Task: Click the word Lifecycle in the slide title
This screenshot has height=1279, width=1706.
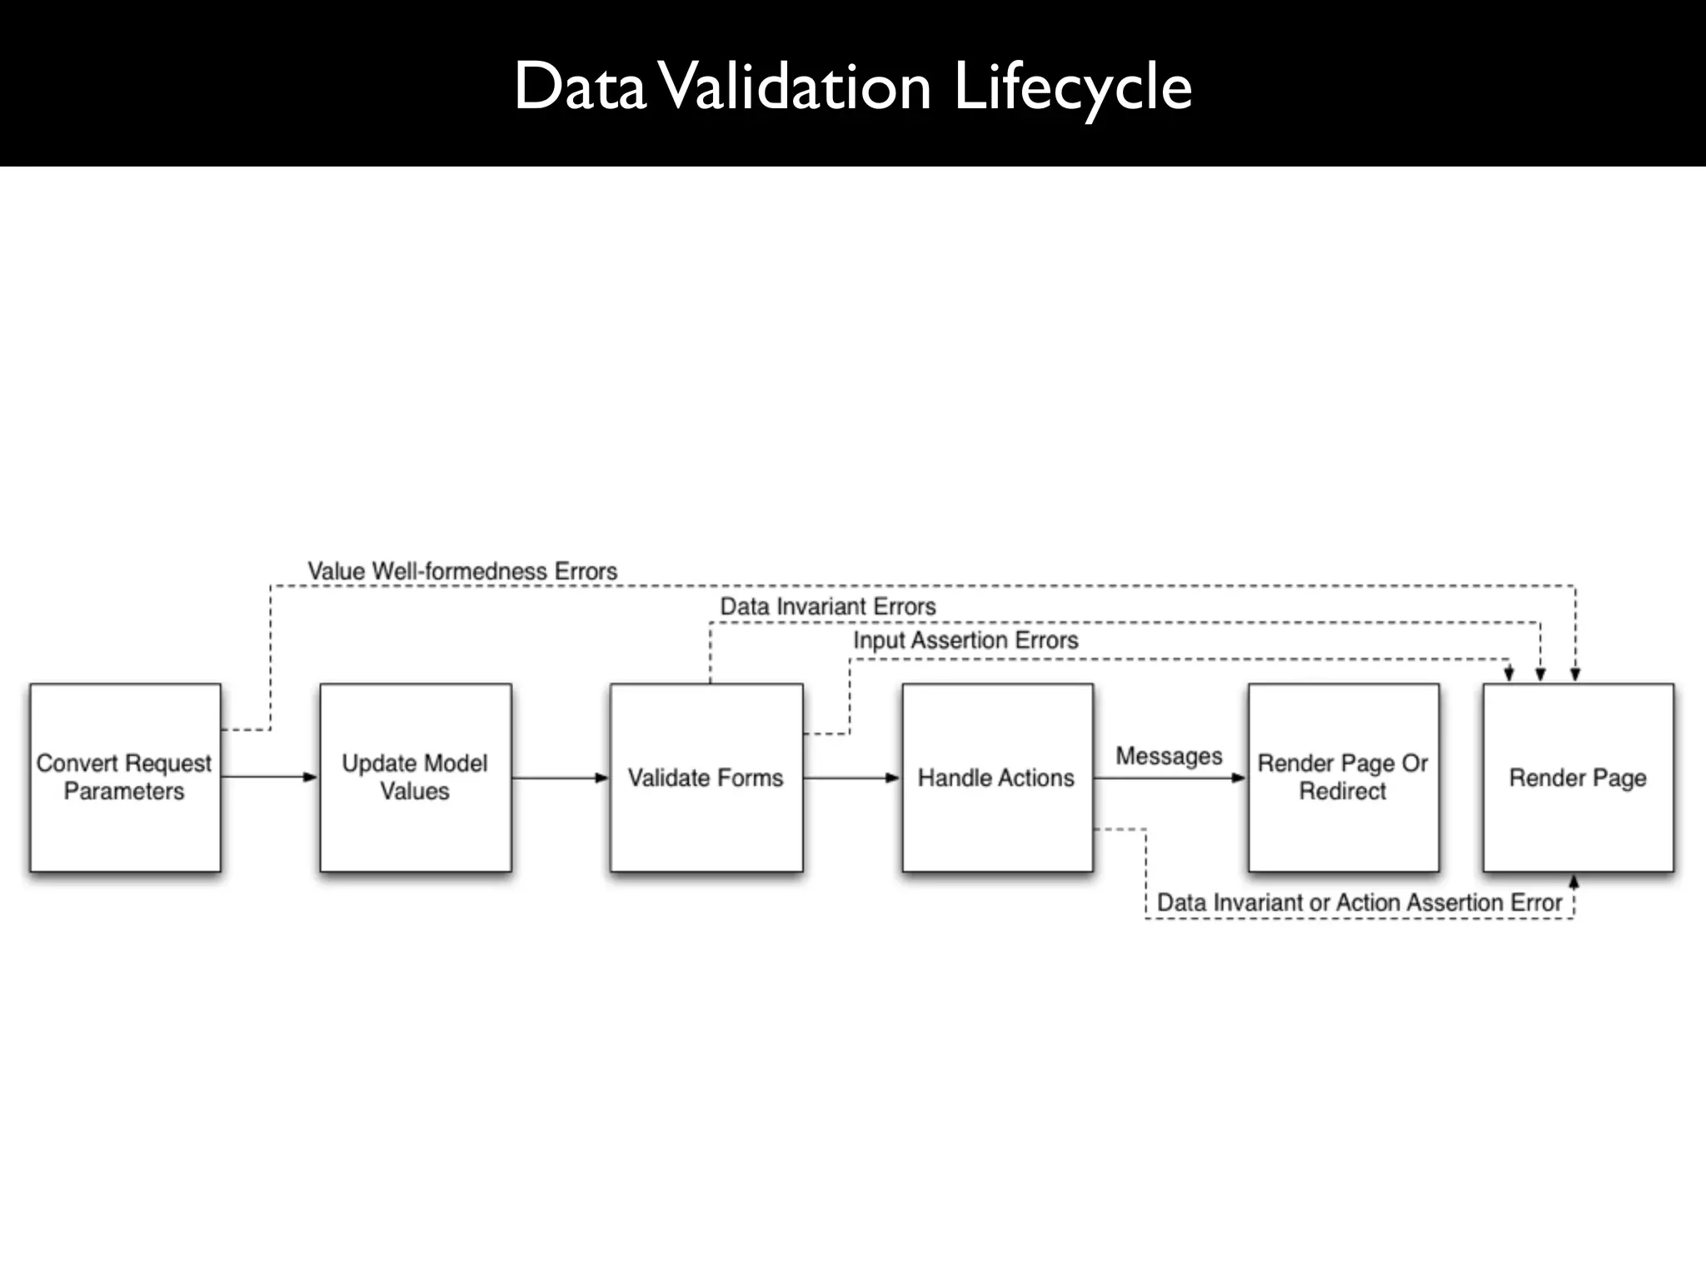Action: click(x=1072, y=87)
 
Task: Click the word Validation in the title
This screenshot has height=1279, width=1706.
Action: click(x=797, y=87)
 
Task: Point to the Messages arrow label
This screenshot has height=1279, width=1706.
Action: click(x=1169, y=756)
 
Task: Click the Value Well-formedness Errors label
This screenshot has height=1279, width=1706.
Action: click(x=462, y=571)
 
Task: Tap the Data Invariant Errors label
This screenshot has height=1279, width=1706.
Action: click(x=827, y=606)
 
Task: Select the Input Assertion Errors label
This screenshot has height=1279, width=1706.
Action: click(x=965, y=640)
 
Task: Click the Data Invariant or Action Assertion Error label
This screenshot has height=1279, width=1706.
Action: click(x=1359, y=903)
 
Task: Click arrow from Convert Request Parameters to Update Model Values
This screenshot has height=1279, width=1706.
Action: click(x=270, y=777)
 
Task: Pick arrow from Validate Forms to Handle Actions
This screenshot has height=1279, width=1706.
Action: click(x=851, y=778)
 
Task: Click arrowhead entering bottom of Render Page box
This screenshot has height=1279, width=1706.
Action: click(x=1574, y=881)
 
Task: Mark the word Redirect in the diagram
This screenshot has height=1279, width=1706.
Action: click(x=1343, y=791)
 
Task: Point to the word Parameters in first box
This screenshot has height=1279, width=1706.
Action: click(x=124, y=791)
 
